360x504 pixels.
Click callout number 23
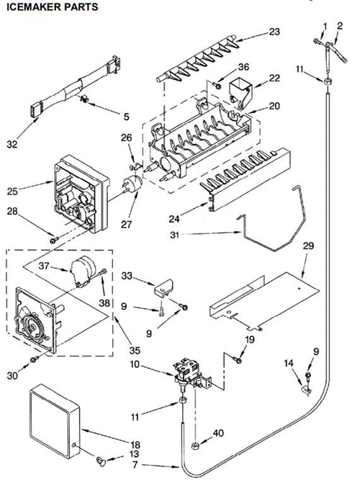click(x=274, y=32)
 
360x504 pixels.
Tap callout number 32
click(x=12, y=145)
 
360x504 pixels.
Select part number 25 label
click(x=12, y=192)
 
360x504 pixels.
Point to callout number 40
click(x=218, y=433)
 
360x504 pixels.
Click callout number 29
click(x=308, y=246)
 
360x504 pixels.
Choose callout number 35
click(x=135, y=350)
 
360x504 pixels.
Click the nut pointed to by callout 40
click(x=195, y=446)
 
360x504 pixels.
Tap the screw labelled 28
click(x=54, y=240)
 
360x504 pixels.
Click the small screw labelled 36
click(x=217, y=85)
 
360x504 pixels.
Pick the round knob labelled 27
click(x=132, y=184)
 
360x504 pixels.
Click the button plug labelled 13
click(x=101, y=462)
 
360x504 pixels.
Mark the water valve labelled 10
click(x=192, y=374)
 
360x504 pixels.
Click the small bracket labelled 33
click(x=163, y=287)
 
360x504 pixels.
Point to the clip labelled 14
click(x=306, y=390)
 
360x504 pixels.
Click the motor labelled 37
click(x=83, y=271)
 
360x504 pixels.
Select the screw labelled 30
click(x=35, y=359)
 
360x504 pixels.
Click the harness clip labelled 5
click(x=84, y=99)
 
